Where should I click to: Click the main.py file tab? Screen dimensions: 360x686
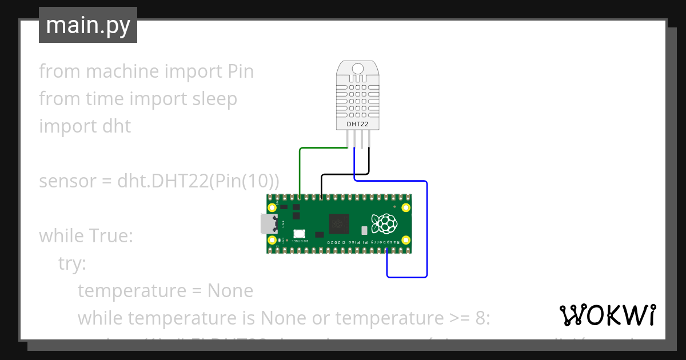(88, 25)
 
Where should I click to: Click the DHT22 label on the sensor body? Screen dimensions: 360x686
(358, 124)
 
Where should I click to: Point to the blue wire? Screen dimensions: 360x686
(426, 229)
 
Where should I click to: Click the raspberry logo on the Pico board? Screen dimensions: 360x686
(383, 223)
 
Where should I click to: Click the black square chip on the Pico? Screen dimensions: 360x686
(338, 223)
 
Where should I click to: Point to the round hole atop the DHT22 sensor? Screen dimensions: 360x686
(358, 69)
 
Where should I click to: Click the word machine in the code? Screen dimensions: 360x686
(122, 71)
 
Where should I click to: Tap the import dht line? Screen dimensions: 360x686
(85, 126)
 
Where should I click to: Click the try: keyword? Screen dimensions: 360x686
(72, 263)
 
